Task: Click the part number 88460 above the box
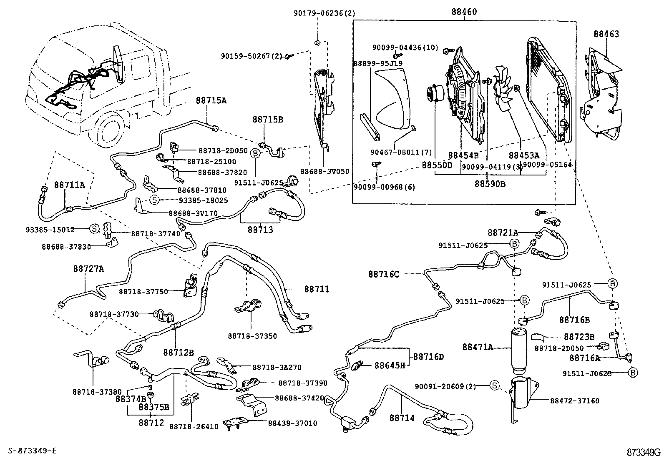point(463,13)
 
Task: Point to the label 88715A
point(211,100)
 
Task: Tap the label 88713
point(260,230)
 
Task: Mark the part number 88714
point(402,417)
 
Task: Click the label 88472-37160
point(574,401)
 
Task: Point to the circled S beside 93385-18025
point(154,200)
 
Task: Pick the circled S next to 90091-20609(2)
point(494,386)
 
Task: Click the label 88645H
point(390,366)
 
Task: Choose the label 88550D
point(437,165)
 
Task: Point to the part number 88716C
point(383,274)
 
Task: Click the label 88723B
point(579,337)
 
